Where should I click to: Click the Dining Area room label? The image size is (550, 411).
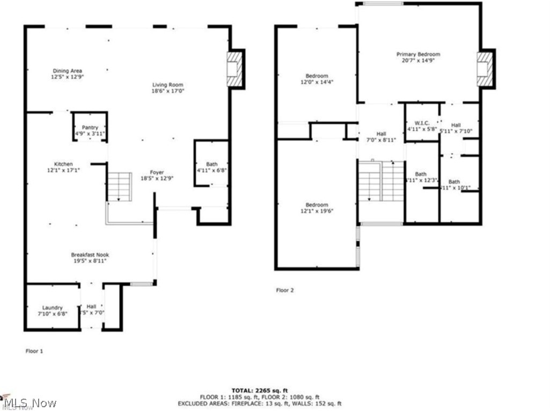(x=67, y=74)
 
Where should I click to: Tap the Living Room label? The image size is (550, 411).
(x=167, y=88)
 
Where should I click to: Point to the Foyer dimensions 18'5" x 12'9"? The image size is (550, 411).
(x=157, y=179)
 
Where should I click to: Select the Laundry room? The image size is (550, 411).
(x=52, y=311)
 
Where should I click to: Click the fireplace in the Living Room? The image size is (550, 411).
(x=234, y=68)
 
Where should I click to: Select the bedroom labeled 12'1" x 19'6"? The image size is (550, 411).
(x=317, y=208)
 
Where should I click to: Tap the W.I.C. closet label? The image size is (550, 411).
(x=422, y=126)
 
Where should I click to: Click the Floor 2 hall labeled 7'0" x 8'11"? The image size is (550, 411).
(x=381, y=137)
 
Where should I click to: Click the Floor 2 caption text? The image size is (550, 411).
(x=285, y=290)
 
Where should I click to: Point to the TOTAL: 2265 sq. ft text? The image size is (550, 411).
(x=260, y=390)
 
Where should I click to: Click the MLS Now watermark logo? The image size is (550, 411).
(x=30, y=402)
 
